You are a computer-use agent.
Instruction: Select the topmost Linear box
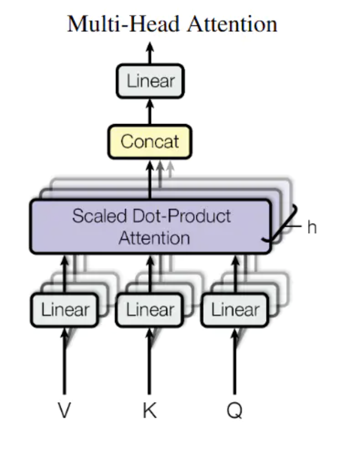coord(150,81)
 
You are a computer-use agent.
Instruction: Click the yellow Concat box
coord(150,141)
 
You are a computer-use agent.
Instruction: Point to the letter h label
coord(312,227)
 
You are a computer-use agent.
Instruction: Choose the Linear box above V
coord(65,310)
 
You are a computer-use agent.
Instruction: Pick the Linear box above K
coord(150,310)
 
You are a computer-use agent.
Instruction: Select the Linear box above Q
coord(235,310)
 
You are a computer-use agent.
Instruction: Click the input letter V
coord(64,410)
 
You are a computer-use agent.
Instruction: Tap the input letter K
coord(149,410)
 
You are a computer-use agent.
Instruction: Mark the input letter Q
coord(235,410)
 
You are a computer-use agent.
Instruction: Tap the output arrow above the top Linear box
coord(150,53)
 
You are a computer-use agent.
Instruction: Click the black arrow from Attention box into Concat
coord(150,179)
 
